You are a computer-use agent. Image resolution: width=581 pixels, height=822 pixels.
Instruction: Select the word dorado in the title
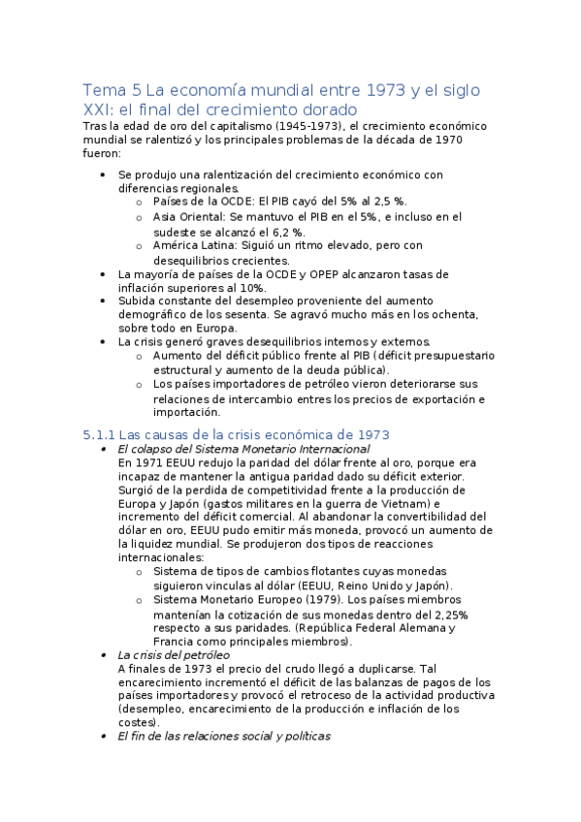coord(328,111)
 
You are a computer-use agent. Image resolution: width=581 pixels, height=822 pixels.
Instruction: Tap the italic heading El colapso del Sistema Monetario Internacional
coord(242,449)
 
